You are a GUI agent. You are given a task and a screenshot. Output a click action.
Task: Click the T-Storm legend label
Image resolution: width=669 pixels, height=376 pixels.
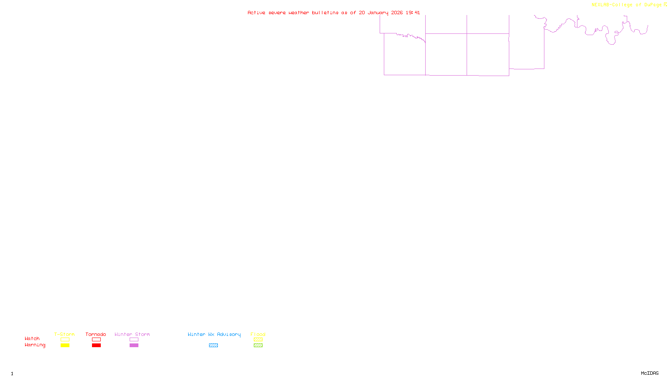(x=64, y=334)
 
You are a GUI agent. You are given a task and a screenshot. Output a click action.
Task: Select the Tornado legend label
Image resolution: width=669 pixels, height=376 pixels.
(x=96, y=334)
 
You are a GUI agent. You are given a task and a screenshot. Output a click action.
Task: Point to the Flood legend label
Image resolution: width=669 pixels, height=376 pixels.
(x=258, y=334)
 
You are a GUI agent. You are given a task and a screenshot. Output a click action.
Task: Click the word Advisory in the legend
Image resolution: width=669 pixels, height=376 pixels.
(x=229, y=334)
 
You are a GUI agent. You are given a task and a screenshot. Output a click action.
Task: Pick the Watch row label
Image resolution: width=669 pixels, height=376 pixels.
(x=32, y=338)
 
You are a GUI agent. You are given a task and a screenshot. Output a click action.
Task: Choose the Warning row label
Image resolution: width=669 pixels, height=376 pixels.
(x=35, y=345)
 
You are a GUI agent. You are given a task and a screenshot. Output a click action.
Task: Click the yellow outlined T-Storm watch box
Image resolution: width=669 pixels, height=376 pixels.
(x=65, y=340)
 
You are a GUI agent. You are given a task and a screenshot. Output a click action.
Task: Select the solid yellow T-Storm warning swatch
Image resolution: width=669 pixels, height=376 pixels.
(x=65, y=346)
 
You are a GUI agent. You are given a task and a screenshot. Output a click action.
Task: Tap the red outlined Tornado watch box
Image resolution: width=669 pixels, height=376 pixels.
(x=96, y=340)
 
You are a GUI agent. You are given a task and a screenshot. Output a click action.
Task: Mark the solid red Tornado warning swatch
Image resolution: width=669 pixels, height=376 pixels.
(x=96, y=346)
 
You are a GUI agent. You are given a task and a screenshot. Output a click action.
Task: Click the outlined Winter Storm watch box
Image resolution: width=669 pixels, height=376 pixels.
(x=134, y=340)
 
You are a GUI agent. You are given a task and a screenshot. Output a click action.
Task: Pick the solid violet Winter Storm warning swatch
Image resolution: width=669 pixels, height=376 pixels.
(x=134, y=346)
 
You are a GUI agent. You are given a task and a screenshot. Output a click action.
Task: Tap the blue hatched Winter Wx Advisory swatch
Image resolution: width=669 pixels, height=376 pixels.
(x=213, y=346)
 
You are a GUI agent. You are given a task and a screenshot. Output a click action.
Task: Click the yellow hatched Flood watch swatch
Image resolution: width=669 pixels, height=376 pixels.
(x=258, y=340)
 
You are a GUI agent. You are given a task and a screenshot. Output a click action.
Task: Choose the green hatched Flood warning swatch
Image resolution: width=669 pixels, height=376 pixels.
(x=258, y=346)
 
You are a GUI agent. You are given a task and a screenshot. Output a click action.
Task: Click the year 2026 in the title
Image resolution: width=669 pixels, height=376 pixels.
(x=397, y=13)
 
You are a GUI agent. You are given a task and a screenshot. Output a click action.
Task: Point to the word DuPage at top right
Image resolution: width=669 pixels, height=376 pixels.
(x=653, y=5)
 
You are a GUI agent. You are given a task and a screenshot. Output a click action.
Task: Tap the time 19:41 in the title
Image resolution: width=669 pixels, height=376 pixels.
(x=413, y=13)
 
